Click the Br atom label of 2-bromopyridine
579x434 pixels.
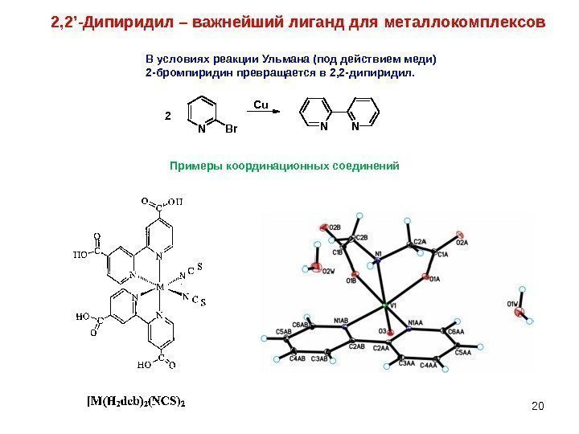(232, 128)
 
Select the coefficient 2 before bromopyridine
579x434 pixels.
(168, 116)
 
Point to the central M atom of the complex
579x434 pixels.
(159, 286)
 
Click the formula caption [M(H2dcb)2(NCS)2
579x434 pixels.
(136, 399)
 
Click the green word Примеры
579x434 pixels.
(194, 166)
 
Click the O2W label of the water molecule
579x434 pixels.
(328, 272)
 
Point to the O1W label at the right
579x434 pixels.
(512, 303)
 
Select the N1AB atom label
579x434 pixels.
(341, 321)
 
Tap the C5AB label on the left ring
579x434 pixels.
(283, 331)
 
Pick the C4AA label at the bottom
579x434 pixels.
(429, 366)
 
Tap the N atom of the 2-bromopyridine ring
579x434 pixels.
(200, 128)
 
